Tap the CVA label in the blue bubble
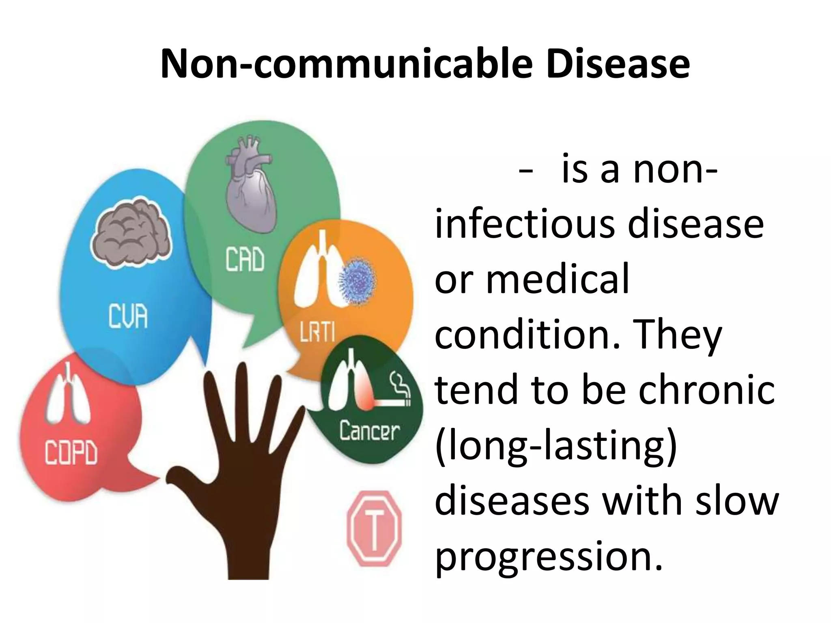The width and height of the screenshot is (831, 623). click(128, 317)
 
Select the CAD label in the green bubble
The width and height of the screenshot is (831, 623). click(245, 260)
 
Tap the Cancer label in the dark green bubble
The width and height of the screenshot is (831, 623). click(369, 431)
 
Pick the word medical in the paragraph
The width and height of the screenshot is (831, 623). click(558, 279)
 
